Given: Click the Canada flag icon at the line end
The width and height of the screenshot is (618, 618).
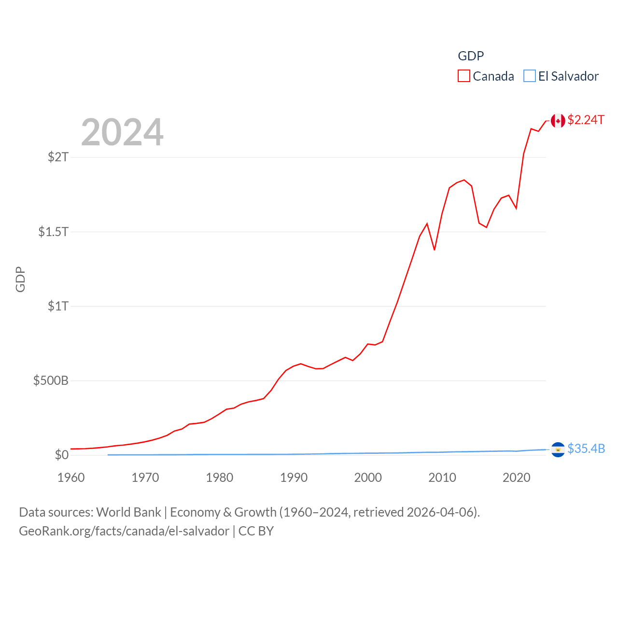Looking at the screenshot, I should click(x=558, y=121).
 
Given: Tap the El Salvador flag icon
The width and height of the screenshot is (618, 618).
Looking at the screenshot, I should click(x=558, y=449).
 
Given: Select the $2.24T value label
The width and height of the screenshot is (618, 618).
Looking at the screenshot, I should click(x=586, y=120).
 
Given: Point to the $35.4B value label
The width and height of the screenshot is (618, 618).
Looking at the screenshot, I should click(x=586, y=449).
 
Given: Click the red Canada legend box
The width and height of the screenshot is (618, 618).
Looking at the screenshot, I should click(x=463, y=76).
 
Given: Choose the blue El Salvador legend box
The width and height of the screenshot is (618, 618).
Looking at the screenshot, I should click(x=530, y=76).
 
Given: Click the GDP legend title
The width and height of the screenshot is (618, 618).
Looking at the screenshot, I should click(x=471, y=56).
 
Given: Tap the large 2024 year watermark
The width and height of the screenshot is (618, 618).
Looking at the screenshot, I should click(x=122, y=132).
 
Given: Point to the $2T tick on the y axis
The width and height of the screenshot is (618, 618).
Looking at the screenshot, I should click(x=58, y=157).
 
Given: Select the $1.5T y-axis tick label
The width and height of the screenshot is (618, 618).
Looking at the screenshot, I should click(x=53, y=232).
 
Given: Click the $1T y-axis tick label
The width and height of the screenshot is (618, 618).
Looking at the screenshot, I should click(x=58, y=306).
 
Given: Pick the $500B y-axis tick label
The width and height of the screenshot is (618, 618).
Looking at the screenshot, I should click(x=51, y=380).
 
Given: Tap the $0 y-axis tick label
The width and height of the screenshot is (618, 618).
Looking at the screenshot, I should click(x=62, y=455).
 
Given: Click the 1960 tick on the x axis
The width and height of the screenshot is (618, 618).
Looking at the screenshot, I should click(x=71, y=478).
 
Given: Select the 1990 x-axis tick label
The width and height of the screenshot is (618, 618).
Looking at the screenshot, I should click(x=294, y=478).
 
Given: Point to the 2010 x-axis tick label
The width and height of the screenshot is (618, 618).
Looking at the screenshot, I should click(x=442, y=478).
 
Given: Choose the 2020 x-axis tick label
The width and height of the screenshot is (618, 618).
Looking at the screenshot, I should click(x=517, y=478).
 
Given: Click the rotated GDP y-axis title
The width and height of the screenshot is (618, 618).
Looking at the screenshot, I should click(x=20, y=279).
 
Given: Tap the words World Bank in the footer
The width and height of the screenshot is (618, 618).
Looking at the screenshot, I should click(x=128, y=512).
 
